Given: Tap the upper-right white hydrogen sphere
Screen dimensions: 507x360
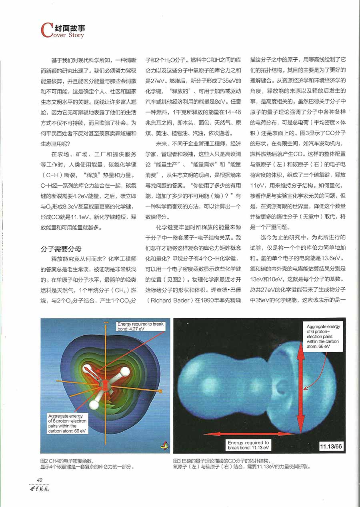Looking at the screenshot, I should (x=125, y=372).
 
